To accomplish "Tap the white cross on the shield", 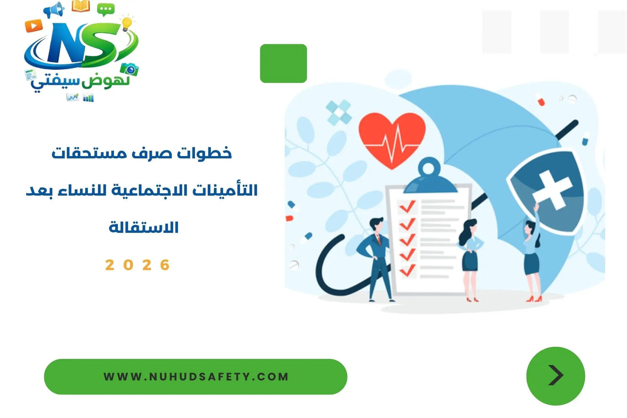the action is tap(552, 190).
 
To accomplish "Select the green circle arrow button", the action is tap(555, 376).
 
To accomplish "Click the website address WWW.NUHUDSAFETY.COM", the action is tap(196, 377).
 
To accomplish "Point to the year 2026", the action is tap(137, 265).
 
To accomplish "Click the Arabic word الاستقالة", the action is tap(144, 227).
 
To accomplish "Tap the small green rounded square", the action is tap(283, 63).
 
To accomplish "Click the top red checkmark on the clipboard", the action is tap(407, 206).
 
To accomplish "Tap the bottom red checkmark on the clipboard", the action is tap(407, 270).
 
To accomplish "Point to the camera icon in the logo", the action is tap(130, 69).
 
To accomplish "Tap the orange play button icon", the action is tap(34, 25).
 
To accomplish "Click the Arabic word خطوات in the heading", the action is tap(204, 153).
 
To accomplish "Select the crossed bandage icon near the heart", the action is tap(339, 113).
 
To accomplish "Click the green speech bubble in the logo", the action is tap(106, 10).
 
